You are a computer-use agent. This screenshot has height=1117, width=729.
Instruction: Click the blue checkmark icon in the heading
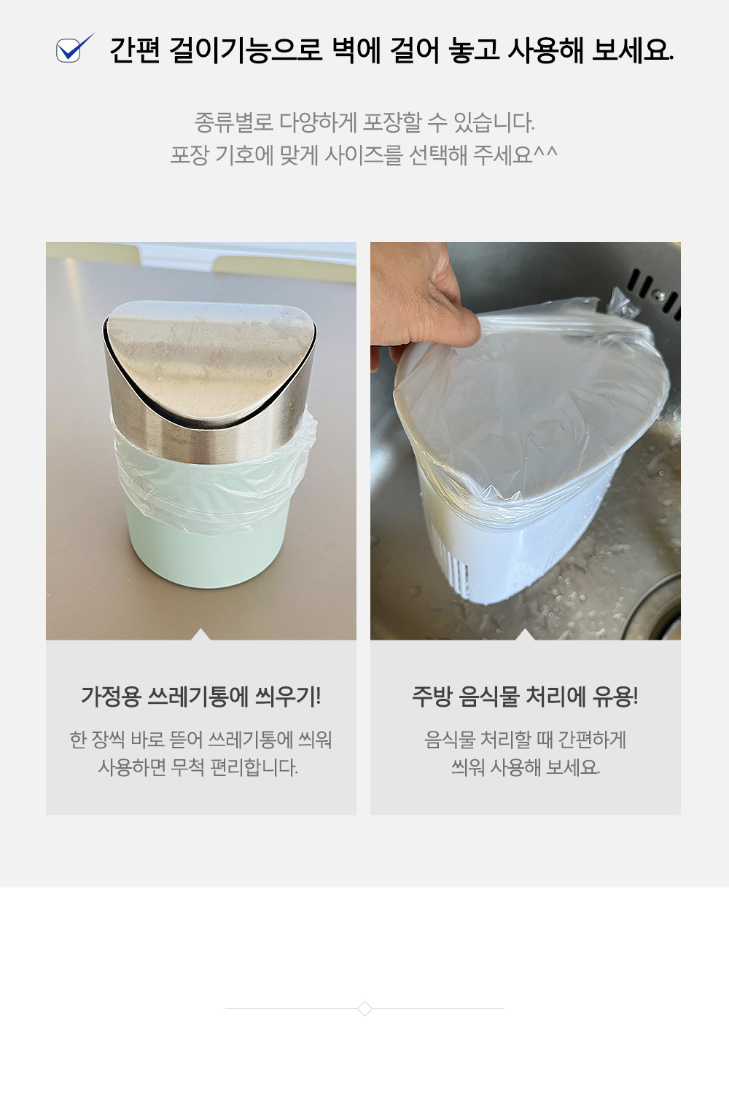click(x=74, y=49)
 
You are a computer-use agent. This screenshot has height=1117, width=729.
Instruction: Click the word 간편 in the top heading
click(x=135, y=50)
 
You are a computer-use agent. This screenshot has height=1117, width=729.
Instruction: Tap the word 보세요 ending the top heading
click(x=633, y=50)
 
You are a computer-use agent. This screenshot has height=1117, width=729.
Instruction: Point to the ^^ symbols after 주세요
click(x=546, y=152)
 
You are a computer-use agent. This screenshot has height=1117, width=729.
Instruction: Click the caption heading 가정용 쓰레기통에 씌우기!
click(x=200, y=697)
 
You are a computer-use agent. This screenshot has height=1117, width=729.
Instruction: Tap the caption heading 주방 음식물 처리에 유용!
click(x=525, y=697)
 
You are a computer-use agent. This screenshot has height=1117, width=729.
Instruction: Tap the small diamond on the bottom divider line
click(x=365, y=1008)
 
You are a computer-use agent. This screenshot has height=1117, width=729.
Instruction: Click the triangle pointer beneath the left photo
click(x=200, y=635)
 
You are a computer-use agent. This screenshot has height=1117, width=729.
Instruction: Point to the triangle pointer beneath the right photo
click(x=525, y=635)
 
